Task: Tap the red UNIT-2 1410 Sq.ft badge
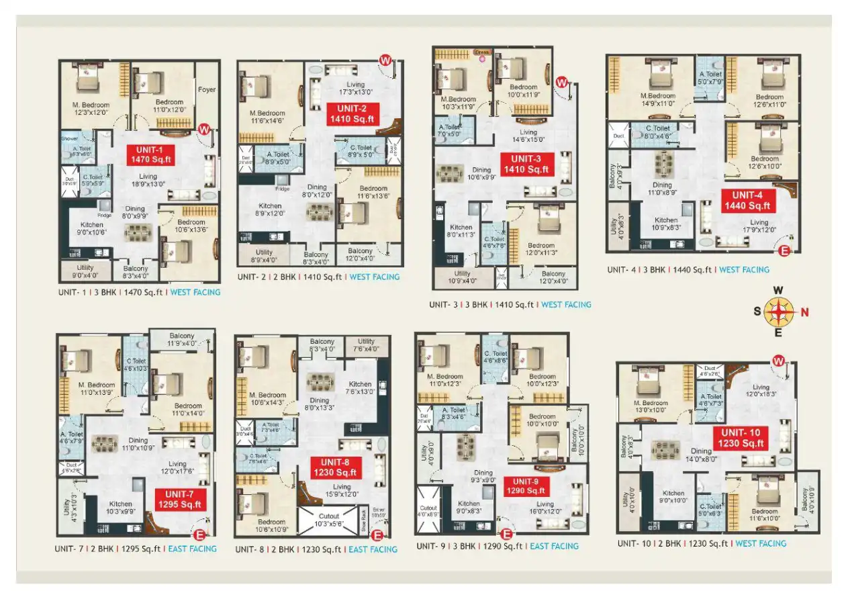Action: (x=352, y=114)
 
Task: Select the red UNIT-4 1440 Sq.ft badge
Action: (x=748, y=200)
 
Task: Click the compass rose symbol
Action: (x=778, y=311)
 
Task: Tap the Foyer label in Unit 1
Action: (x=207, y=89)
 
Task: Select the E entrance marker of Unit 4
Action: (x=783, y=251)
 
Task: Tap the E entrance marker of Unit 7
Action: (x=199, y=535)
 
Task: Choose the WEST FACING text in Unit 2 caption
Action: (x=374, y=277)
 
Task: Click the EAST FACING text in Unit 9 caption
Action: (x=554, y=546)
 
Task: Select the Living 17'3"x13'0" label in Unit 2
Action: (x=356, y=88)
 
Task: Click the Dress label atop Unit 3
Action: (x=482, y=52)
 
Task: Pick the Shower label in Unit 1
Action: (x=70, y=138)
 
